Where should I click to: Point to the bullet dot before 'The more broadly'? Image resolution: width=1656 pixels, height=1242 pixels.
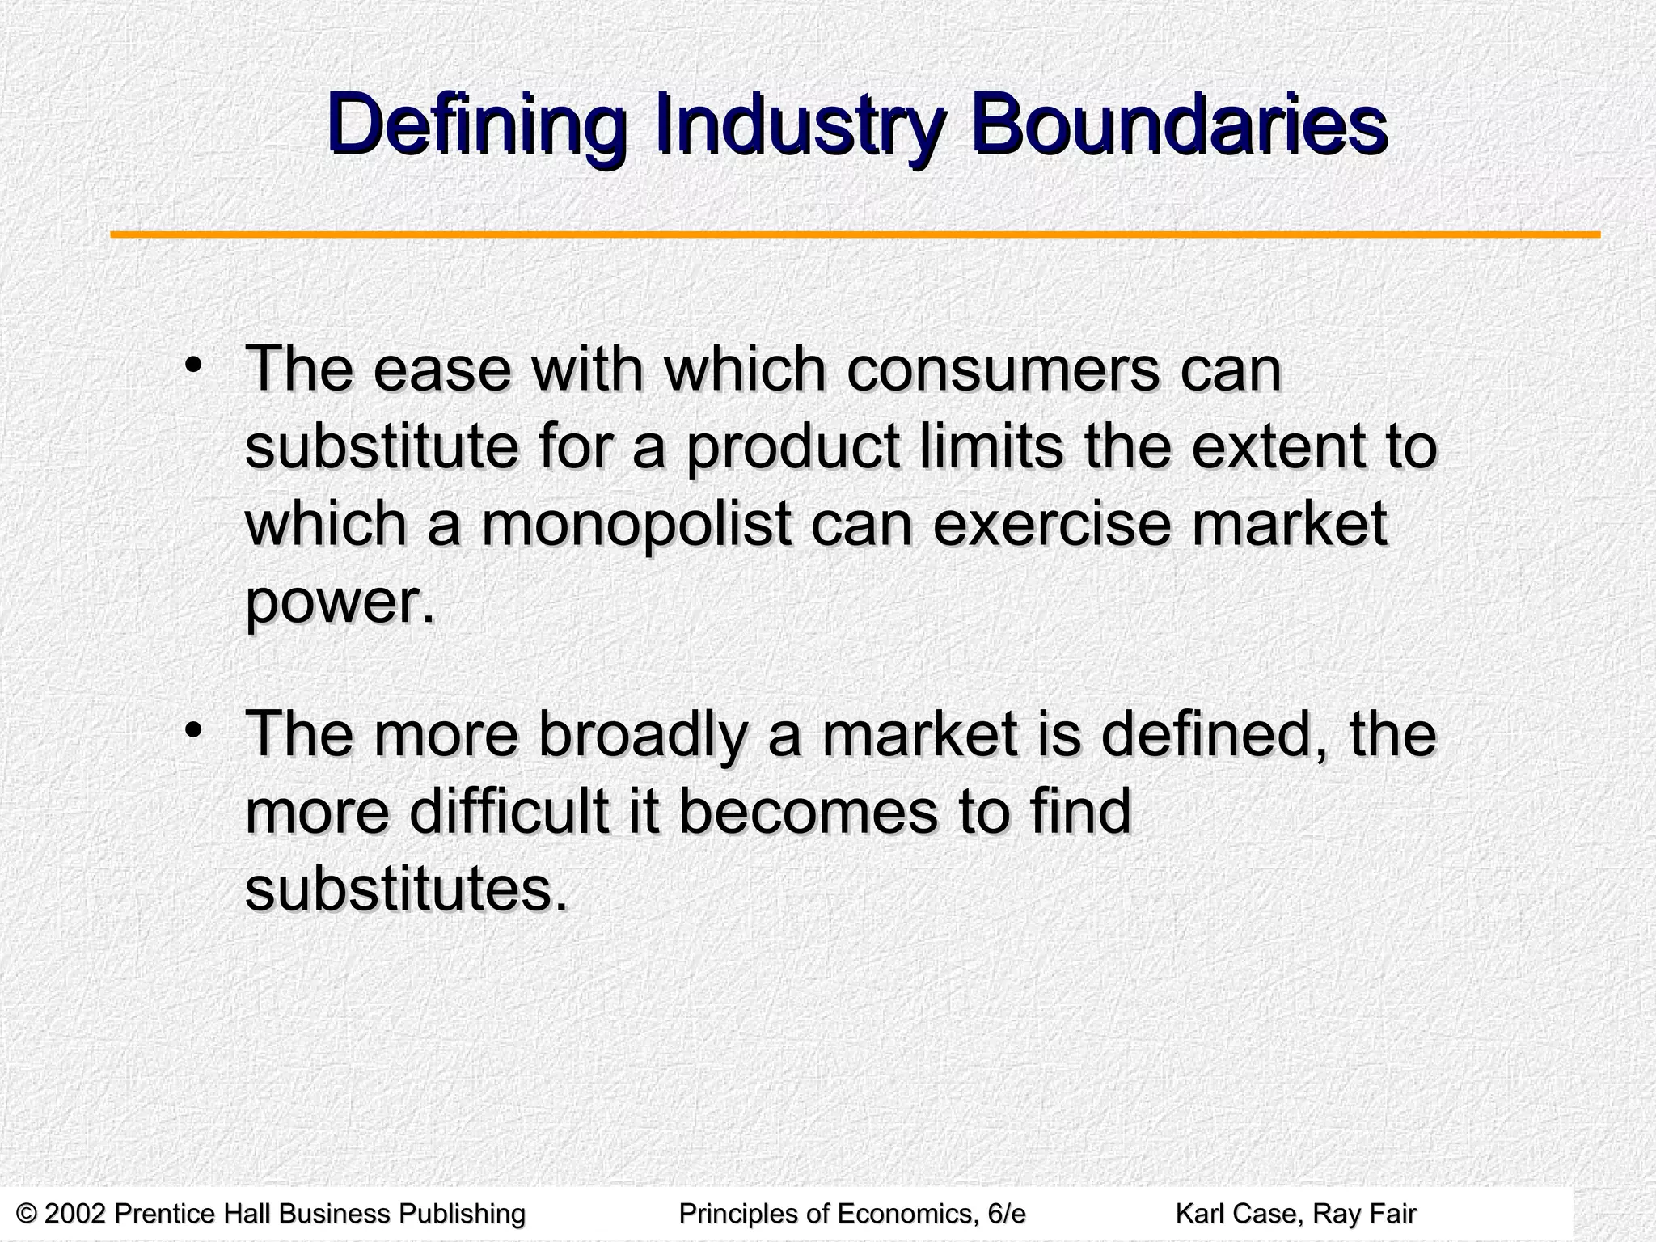(193, 729)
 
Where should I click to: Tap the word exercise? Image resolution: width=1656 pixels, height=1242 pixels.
(1052, 525)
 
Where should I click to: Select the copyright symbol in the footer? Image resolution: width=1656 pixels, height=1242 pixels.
(27, 1214)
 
